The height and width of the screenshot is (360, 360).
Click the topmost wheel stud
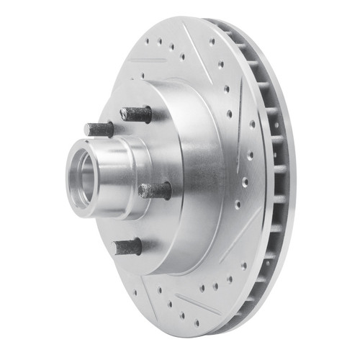coord(137,114)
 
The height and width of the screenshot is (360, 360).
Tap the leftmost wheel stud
coord(99,130)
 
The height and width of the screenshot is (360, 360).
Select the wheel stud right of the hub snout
coord(156,191)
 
